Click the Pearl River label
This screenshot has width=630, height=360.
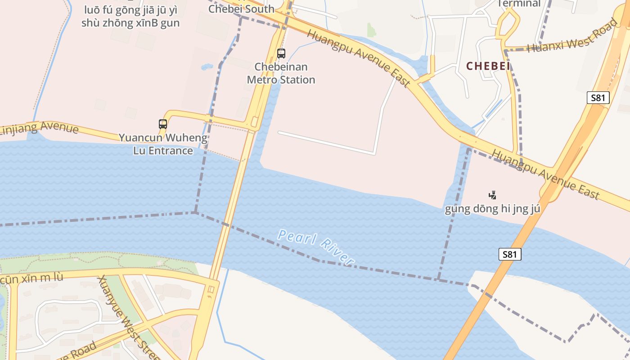(316, 247)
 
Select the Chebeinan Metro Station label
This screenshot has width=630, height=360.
(281, 73)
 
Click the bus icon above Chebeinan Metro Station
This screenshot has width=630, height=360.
(281, 54)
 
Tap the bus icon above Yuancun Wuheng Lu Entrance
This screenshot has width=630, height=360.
(163, 124)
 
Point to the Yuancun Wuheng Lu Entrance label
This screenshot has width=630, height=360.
(163, 144)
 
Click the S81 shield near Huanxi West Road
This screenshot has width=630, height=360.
(598, 98)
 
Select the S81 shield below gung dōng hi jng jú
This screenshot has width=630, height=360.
(510, 254)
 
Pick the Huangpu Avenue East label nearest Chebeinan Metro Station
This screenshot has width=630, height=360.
(359, 58)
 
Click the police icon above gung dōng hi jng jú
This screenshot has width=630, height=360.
(492, 195)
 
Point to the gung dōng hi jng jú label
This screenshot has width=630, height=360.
(492, 209)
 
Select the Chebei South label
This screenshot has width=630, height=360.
(241, 9)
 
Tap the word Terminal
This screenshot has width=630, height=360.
(519, 4)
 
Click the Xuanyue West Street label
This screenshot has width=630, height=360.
(128, 318)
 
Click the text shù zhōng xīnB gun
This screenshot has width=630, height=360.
(130, 23)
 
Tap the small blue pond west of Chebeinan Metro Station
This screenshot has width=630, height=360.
(207, 67)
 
